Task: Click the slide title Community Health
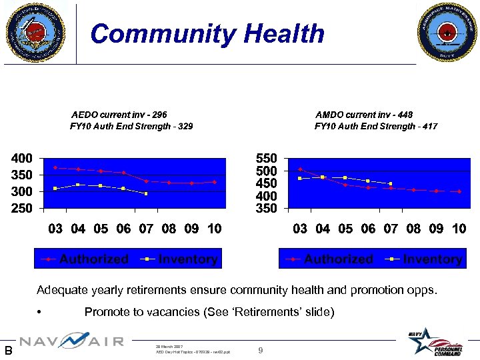point(207,33)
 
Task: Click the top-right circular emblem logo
point(445,31)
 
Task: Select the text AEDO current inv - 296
point(119,115)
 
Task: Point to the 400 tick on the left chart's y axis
point(20,159)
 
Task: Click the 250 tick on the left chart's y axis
point(20,208)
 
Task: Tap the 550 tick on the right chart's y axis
point(267,159)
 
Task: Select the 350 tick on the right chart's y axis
point(267,209)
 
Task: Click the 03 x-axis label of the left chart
point(55,229)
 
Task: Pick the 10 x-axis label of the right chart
point(459,229)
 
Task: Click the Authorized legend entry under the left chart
point(87,259)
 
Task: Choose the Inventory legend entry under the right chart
point(426,259)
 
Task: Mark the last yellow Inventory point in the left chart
point(146,193)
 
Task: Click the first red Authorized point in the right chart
point(301,169)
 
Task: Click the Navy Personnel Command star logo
point(434,341)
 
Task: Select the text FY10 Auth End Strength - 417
point(376,126)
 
